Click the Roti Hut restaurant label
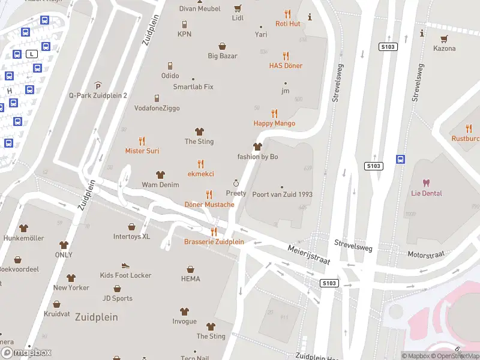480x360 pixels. point(287,23)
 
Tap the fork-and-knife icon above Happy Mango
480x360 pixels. point(275,113)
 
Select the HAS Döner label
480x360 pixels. point(286,65)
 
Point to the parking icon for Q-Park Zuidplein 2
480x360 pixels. point(98,86)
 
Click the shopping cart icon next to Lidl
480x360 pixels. point(238,8)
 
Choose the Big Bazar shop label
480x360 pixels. point(223,56)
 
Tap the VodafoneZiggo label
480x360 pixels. point(157,108)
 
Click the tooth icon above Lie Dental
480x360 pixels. point(427,183)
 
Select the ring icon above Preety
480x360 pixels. point(236,183)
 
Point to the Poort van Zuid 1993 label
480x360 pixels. point(282,194)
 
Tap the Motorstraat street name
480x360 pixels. point(425,254)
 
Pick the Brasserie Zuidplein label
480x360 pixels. point(214,242)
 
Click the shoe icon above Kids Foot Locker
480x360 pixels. point(125,265)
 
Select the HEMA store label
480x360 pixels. point(190,278)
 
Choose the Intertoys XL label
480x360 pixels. point(131,236)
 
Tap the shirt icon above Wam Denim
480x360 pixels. point(160,175)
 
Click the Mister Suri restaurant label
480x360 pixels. point(142,151)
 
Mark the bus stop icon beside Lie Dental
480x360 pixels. point(400,160)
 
